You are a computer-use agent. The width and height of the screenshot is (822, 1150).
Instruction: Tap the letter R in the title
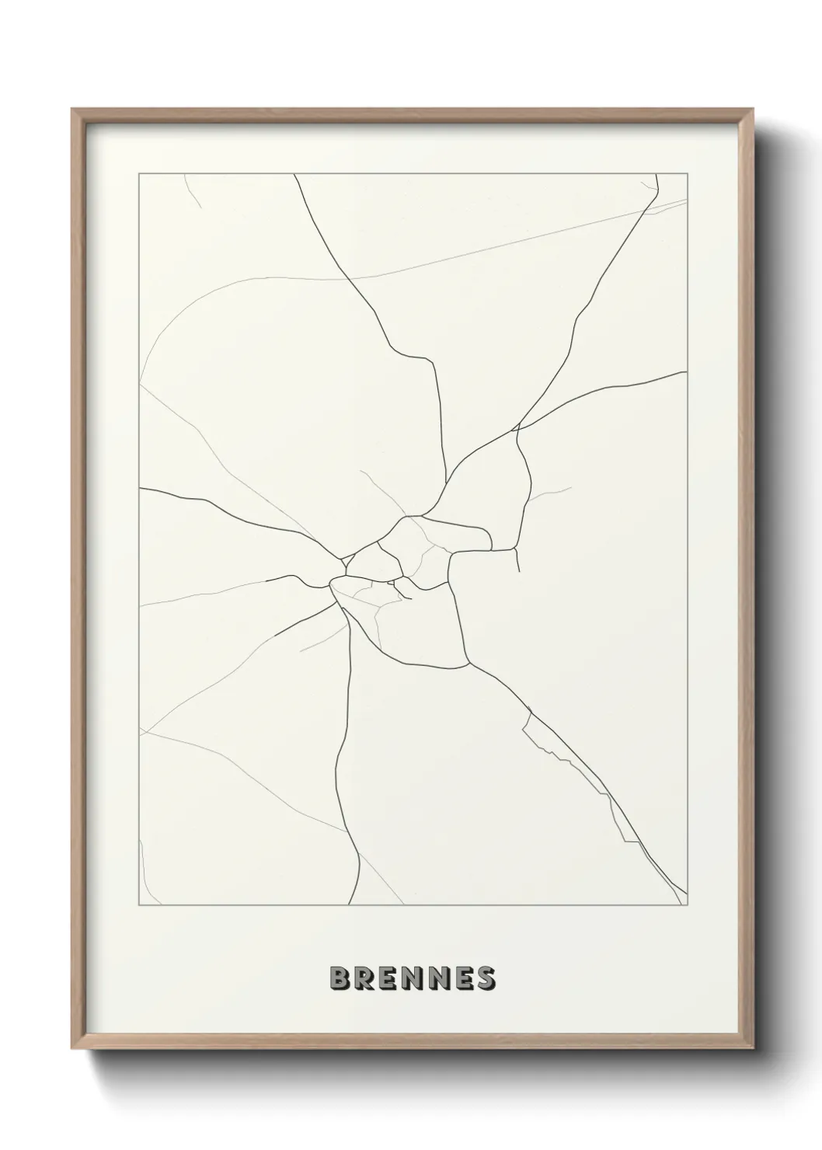(364, 979)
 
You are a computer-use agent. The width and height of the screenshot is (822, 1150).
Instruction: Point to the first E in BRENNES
(388, 979)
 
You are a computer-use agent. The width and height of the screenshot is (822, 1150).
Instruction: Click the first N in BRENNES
(413, 979)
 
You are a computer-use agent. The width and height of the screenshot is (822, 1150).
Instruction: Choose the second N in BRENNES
(437, 979)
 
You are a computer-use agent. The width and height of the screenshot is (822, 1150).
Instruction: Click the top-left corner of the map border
(139, 174)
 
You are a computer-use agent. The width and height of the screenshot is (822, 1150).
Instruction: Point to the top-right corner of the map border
(688, 174)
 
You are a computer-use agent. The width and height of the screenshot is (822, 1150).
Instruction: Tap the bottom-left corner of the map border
(139, 905)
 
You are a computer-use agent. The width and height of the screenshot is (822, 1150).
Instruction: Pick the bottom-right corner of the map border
(688, 905)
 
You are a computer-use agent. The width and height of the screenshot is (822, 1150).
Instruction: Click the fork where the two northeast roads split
(517, 427)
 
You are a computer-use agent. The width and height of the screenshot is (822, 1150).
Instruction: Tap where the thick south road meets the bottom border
(349, 904)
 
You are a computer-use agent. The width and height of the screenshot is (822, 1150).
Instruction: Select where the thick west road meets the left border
(140, 488)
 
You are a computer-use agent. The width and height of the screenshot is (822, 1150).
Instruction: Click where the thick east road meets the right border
(687, 371)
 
